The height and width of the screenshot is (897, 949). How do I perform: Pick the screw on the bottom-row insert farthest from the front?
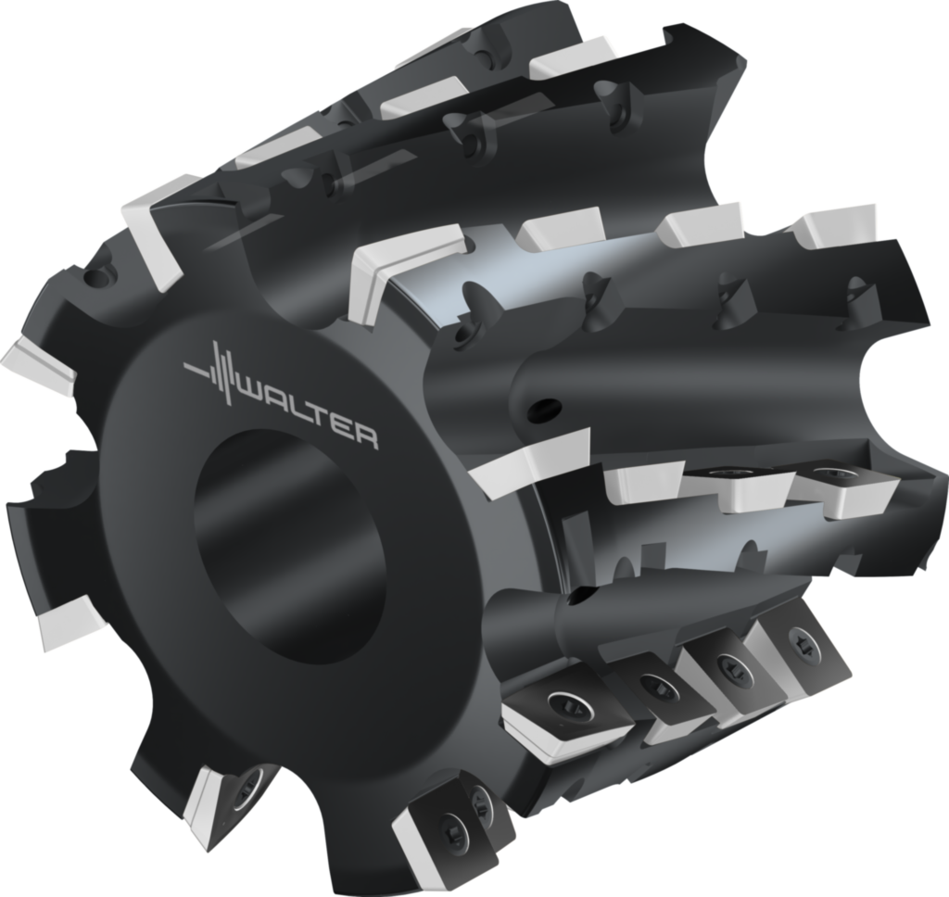tap(798, 639)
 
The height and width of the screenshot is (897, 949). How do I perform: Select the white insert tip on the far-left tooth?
tap(37, 365)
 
